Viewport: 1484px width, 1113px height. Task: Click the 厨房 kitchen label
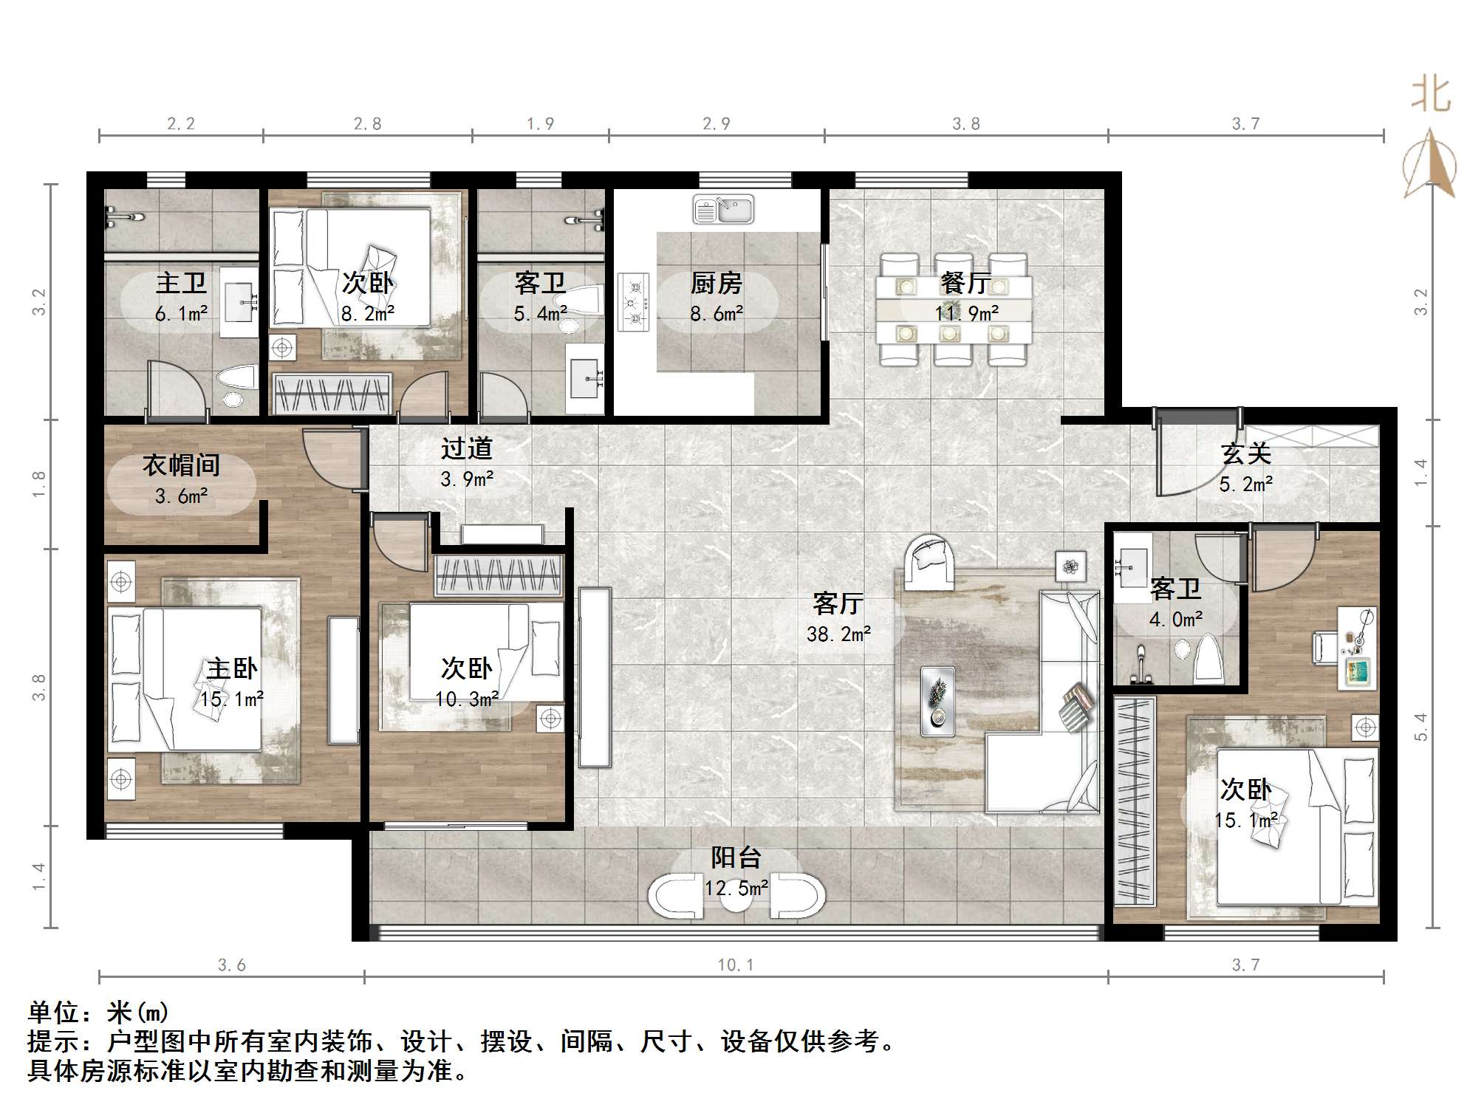[716, 283]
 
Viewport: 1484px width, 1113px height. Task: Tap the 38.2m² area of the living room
[838, 634]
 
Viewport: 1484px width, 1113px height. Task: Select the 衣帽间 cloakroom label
[181, 465]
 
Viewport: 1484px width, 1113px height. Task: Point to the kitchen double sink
[723, 210]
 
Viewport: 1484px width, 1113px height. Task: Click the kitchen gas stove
[634, 302]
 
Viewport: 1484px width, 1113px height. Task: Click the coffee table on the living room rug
[937, 701]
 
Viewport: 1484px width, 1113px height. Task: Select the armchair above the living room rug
[930, 564]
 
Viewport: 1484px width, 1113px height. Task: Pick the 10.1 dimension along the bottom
[735, 965]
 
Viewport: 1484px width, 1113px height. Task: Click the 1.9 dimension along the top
[540, 124]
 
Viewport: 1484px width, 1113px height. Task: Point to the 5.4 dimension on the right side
[1420, 727]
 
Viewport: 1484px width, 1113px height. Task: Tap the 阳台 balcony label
[736, 857]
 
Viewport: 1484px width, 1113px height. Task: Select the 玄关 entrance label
[1245, 453]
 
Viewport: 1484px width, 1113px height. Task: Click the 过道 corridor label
[466, 448]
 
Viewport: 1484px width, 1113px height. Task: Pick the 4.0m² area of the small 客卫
[1175, 620]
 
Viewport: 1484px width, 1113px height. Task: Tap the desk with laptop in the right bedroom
[1357, 649]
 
